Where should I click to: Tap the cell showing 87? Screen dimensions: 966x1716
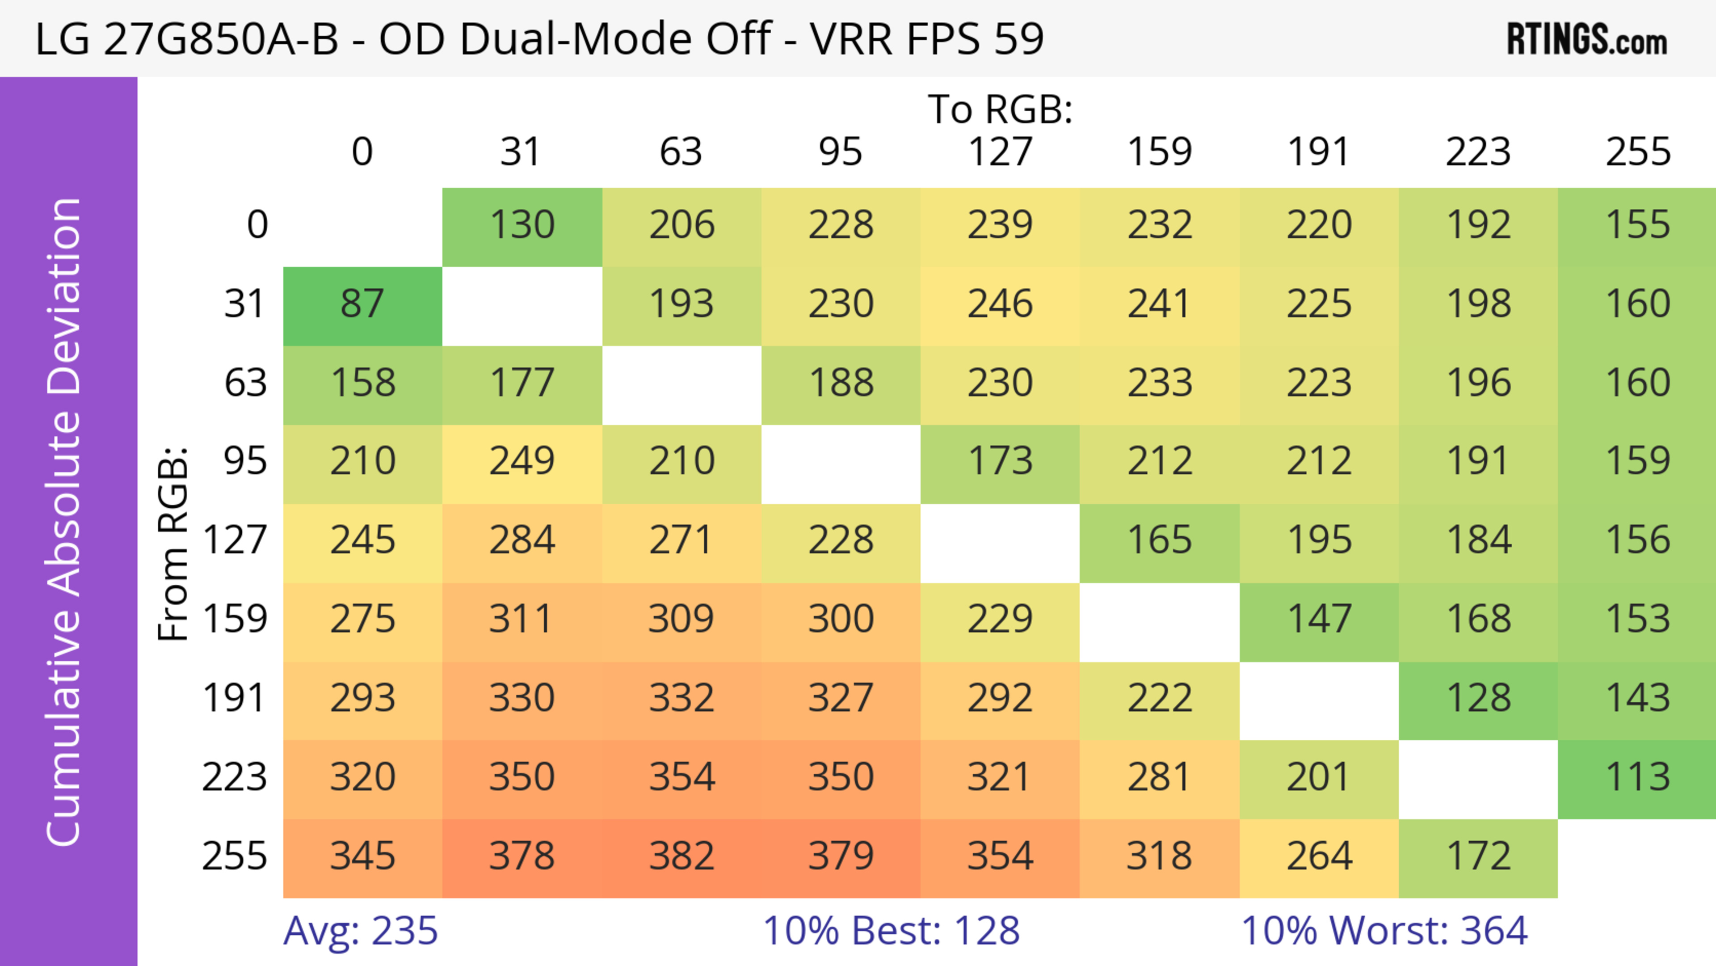(x=362, y=304)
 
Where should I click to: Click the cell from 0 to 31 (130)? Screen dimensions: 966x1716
(x=522, y=225)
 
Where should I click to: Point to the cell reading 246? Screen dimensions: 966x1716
(x=1000, y=304)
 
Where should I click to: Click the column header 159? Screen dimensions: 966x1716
(x=1159, y=152)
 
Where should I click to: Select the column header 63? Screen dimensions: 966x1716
(x=681, y=152)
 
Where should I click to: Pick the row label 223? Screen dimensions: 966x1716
(x=235, y=777)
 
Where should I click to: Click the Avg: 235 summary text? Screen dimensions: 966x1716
(x=360, y=931)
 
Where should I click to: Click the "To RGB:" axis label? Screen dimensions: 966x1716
(x=1000, y=109)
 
